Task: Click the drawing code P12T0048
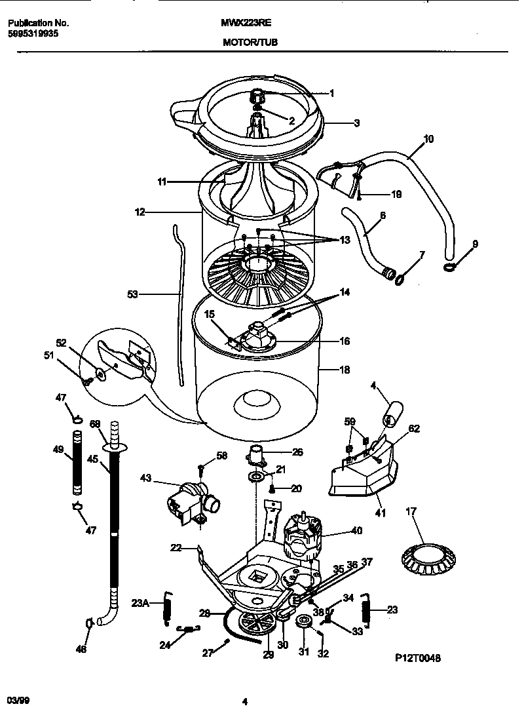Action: pos(418,659)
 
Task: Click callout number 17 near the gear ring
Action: pos(411,511)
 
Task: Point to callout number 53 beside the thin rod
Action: pos(132,295)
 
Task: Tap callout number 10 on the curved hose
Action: pos(428,139)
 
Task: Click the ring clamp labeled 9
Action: pos(451,265)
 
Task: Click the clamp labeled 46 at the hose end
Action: pos(88,621)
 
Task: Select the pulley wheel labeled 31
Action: pos(303,621)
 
